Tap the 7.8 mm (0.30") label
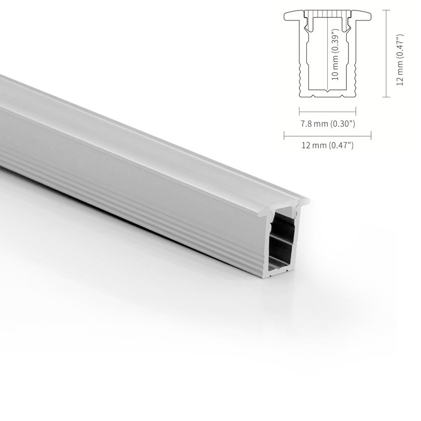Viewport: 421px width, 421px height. click(327, 124)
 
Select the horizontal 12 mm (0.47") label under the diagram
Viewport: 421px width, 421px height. click(327, 145)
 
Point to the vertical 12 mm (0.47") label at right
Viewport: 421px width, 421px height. click(400, 59)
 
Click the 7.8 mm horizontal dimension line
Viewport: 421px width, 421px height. click(327, 111)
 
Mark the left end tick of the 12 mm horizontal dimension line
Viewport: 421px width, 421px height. click(284, 136)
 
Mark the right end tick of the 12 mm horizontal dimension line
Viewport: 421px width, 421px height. click(371, 136)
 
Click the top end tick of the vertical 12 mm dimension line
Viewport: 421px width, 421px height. click(386, 10)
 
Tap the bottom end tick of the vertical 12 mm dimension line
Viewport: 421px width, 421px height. click(386, 97)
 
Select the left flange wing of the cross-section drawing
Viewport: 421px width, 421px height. click(294, 16)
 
